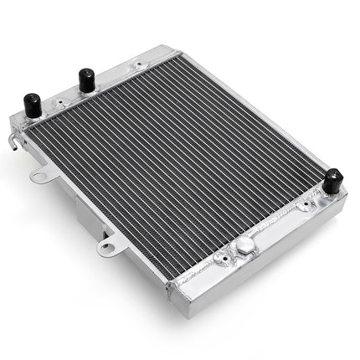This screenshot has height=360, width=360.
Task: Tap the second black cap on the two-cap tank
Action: pos(86,80)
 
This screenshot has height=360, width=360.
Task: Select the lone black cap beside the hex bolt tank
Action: pos(332,180)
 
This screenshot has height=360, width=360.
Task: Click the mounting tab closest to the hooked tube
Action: pos(40,176)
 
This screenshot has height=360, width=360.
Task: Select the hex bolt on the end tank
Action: pos(244,245)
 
